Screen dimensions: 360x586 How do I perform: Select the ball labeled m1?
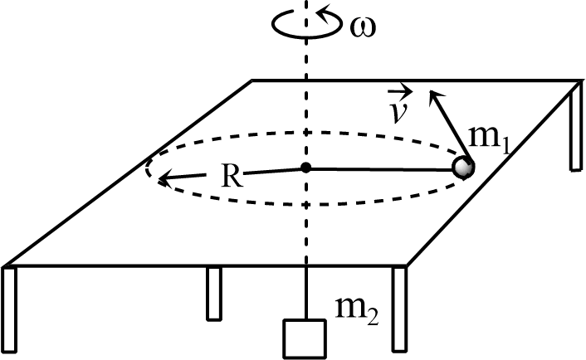pos(462,168)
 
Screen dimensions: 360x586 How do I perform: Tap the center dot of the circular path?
pos(305,168)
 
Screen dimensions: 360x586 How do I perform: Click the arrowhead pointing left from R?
pos(165,177)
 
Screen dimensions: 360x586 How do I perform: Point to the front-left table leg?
pos(9,308)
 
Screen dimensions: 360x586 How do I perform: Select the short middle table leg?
pos(213,293)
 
